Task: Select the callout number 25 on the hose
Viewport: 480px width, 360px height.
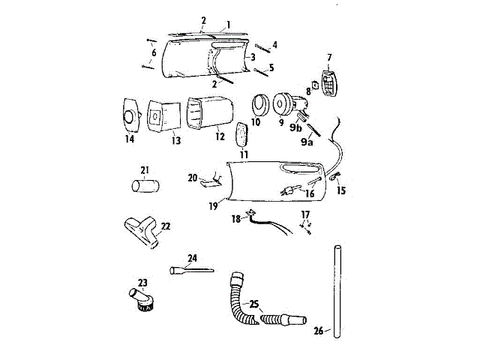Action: point(255,304)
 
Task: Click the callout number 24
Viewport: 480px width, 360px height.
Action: point(192,259)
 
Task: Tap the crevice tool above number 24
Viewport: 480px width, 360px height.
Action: point(190,269)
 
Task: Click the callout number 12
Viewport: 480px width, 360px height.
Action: point(219,137)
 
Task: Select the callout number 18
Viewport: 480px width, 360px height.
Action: point(235,219)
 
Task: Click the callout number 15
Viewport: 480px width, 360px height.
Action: point(343,190)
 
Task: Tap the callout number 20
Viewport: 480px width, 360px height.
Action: point(192,178)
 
